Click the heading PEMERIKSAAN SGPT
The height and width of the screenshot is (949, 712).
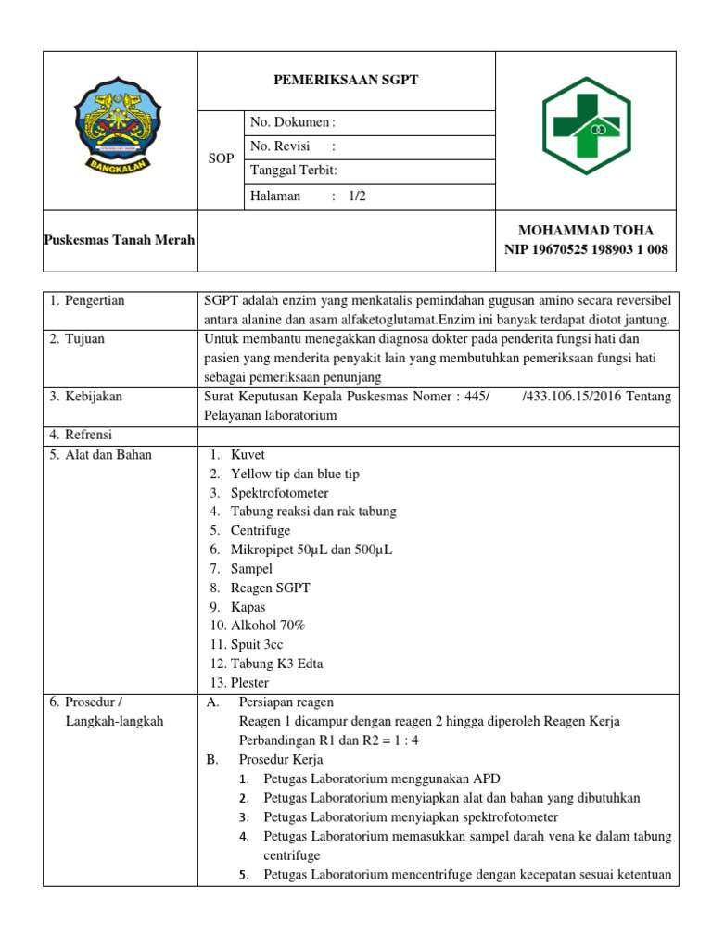346,80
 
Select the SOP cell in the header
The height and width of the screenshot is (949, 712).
221,158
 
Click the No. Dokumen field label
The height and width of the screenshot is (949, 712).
290,122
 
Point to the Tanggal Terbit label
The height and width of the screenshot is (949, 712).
294,171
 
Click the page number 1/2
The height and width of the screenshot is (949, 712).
358,196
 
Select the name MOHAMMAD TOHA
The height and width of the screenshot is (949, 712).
586,230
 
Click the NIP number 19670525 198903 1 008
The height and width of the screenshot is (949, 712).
586,249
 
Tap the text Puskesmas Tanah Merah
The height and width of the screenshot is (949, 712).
120,240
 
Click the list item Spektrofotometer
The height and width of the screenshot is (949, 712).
279,492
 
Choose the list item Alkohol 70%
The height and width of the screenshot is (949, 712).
268,625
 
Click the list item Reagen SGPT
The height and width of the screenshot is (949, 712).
271,588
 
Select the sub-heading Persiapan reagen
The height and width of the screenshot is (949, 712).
286,702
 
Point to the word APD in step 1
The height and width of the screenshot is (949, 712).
486,778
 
